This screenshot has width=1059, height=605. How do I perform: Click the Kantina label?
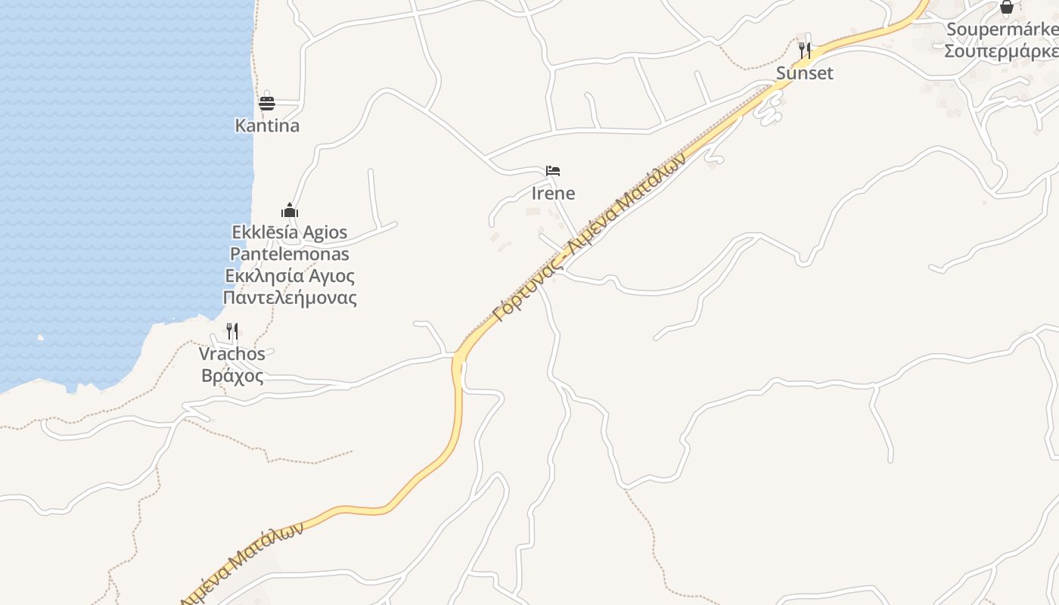267,126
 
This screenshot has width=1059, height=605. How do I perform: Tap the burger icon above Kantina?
267,103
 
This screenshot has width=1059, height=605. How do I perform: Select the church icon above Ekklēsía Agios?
289,210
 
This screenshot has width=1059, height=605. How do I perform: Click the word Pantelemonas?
290,253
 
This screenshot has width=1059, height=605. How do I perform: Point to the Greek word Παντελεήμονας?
290,297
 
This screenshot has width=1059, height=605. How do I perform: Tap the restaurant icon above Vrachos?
232,331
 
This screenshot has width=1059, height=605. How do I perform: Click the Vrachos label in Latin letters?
232,353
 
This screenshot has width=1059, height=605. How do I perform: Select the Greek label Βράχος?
232,375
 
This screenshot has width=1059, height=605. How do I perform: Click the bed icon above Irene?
553,171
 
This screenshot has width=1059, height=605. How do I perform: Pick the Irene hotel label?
553,193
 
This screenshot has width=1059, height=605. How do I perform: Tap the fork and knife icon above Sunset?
805,51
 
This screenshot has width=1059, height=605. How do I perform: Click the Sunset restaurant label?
805,73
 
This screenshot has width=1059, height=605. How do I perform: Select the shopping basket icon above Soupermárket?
1007,8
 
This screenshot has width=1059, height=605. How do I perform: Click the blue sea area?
113,189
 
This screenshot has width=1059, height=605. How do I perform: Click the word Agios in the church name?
324,232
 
